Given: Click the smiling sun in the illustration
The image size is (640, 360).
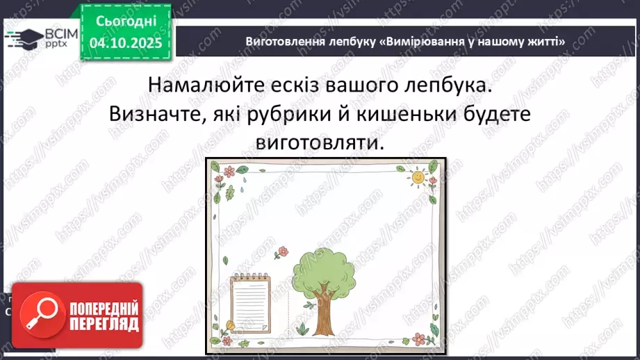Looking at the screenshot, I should (416, 177).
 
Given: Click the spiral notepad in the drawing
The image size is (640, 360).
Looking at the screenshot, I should (250, 303).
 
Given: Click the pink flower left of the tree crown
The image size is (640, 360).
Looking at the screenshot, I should (282, 251).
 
